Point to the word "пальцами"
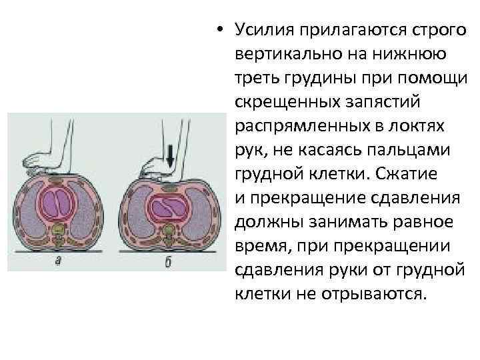[x=415, y=150]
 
